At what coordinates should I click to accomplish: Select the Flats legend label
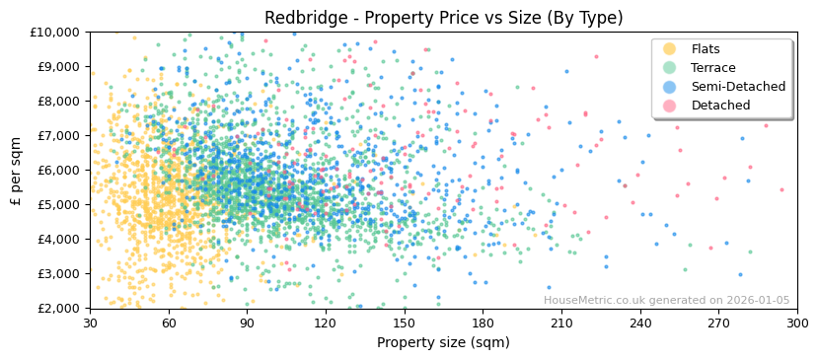pyautogui.click(x=706, y=49)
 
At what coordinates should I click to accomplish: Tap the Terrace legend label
pyautogui.click(x=712, y=68)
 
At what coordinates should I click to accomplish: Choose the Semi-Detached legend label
pyautogui.click(x=738, y=87)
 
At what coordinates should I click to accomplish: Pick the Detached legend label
pyautogui.click(x=720, y=106)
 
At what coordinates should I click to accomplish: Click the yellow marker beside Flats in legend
pyautogui.click(x=670, y=49)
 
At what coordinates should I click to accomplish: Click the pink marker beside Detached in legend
pyautogui.click(x=670, y=106)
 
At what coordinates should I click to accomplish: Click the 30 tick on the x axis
pyautogui.click(x=90, y=324)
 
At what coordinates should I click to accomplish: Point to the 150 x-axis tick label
pyautogui.click(x=404, y=324)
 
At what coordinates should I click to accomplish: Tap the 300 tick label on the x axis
pyautogui.click(x=796, y=324)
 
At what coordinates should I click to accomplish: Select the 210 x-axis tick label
pyautogui.click(x=561, y=324)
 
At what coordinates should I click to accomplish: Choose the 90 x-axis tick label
pyautogui.click(x=247, y=324)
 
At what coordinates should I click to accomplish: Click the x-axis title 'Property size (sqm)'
pyautogui.click(x=443, y=343)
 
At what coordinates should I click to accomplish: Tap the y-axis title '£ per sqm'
pyautogui.click(x=16, y=170)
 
